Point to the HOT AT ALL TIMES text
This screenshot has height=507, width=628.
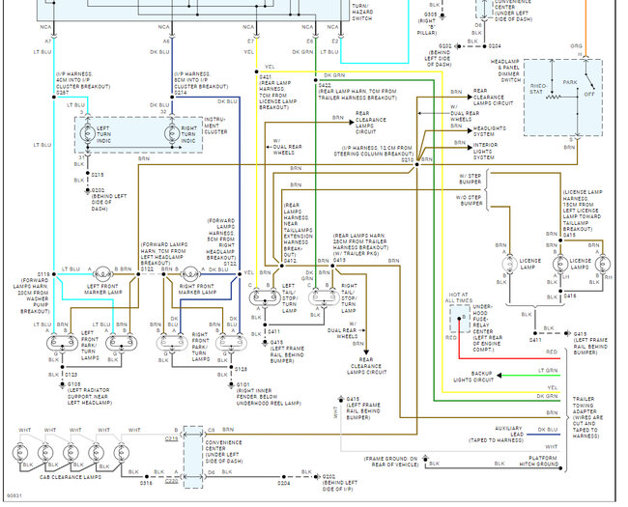coord(459,298)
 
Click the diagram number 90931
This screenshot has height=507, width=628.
coord(14,497)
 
